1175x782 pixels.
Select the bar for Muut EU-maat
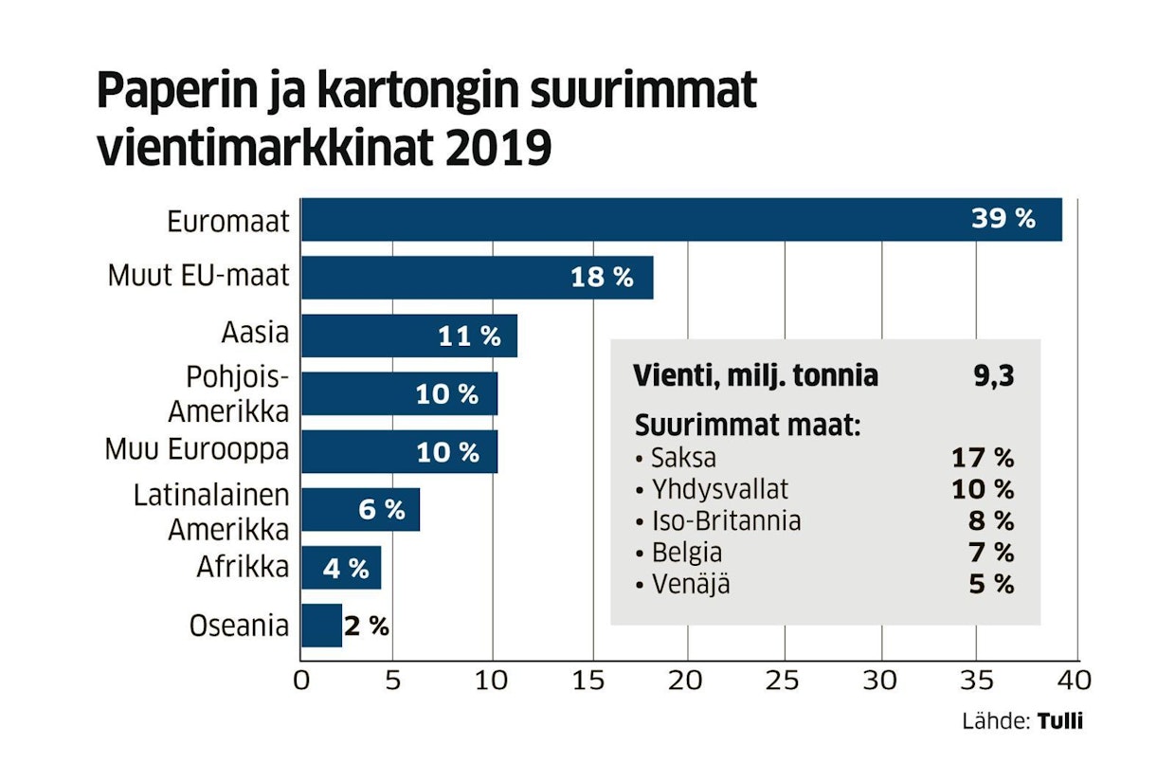(x=477, y=278)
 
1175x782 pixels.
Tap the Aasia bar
(x=408, y=336)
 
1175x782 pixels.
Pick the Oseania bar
(x=321, y=626)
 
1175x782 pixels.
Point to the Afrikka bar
(x=341, y=568)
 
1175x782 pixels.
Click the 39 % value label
(x=1003, y=220)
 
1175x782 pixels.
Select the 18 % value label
(x=601, y=278)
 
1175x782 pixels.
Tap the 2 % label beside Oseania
(x=367, y=627)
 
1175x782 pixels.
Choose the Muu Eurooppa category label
(x=197, y=449)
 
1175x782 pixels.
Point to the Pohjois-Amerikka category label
(x=228, y=394)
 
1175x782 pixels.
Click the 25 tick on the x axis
(x=784, y=681)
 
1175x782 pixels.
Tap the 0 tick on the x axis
(x=301, y=681)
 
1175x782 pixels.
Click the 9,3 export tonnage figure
(x=993, y=376)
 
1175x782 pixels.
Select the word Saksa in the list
(x=683, y=459)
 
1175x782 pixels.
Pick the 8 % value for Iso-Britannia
(x=991, y=521)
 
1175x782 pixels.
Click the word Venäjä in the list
(x=691, y=584)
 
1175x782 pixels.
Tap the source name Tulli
(x=1060, y=721)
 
